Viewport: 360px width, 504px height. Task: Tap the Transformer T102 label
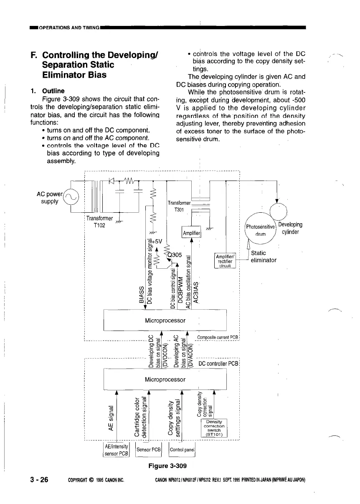(99, 222)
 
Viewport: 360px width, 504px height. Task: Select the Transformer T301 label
(179, 206)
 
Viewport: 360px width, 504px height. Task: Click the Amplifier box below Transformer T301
(192, 233)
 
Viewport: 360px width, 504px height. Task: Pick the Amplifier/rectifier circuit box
(226, 261)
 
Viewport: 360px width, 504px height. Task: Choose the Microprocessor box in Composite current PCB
(165, 321)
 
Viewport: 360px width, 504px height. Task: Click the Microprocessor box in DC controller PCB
(165, 379)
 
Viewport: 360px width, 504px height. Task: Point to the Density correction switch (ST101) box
(214, 428)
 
